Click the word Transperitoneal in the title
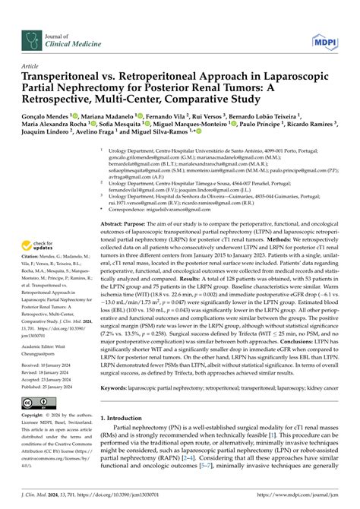pos(65,77)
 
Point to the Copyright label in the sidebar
pos(40,416)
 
